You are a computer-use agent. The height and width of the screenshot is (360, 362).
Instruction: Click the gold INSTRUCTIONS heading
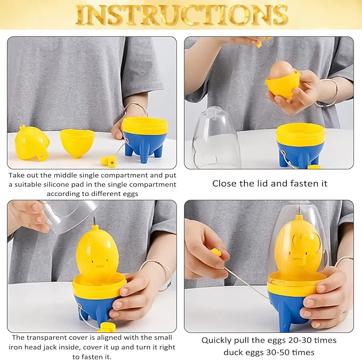point(182,15)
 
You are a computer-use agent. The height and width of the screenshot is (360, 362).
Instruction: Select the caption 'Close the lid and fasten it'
point(270,184)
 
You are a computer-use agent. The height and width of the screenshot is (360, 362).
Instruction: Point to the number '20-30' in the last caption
point(300,340)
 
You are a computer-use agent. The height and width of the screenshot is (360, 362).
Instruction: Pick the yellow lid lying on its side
point(33,143)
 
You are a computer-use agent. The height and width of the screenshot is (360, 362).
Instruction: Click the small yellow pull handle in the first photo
point(108,160)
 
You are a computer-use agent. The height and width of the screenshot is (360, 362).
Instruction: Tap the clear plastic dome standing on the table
point(215,138)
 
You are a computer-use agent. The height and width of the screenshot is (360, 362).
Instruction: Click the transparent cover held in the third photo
point(69,215)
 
